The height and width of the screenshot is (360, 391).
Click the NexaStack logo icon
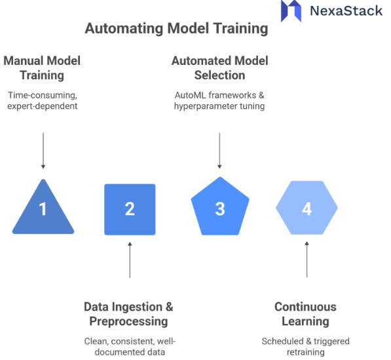pyautogui.click(x=291, y=11)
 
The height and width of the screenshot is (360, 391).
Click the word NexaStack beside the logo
pyautogui.click(x=346, y=11)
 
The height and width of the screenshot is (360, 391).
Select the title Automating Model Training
pyautogui.click(x=176, y=29)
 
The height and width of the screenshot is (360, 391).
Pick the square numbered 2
pyautogui.click(x=130, y=209)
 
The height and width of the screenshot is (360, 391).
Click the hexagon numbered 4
pyautogui.click(x=307, y=209)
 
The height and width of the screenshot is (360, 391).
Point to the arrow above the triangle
pyautogui.click(x=43, y=151)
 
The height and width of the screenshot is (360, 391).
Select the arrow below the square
pyautogui.click(x=130, y=260)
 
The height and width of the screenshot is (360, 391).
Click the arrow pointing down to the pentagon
pyautogui.click(x=220, y=151)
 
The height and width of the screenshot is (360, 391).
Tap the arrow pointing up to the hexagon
pyautogui.click(x=307, y=260)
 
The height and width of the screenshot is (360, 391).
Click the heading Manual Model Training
pyautogui.click(x=42, y=68)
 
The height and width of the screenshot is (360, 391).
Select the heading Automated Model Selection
pyautogui.click(x=219, y=68)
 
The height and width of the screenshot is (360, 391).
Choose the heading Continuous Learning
pyautogui.click(x=305, y=314)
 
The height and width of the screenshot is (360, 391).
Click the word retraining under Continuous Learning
pyautogui.click(x=305, y=352)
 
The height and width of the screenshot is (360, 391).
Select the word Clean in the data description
pyautogui.click(x=95, y=342)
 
